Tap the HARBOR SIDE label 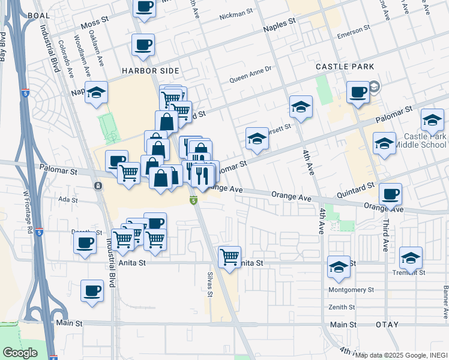click(x=150, y=71)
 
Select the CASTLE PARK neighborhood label click(x=345, y=67)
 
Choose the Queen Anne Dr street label click(x=251, y=77)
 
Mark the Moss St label click(x=94, y=28)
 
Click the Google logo click(x=20, y=353)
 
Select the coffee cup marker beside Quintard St click(x=390, y=193)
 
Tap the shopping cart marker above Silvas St click(x=229, y=256)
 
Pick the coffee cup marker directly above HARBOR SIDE click(x=143, y=44)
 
